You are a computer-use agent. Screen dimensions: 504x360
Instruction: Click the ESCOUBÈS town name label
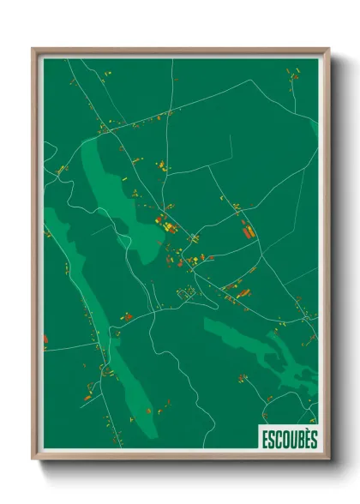pyautogui.click(x=287, y=439)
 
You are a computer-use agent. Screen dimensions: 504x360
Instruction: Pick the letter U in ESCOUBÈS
pyautogui.click(x=291, y=439)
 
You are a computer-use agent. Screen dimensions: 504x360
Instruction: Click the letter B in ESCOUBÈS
pyautogui.click(x=297, y=439)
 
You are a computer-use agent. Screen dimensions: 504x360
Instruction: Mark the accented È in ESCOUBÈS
pyautogui.click(x=304, y=438)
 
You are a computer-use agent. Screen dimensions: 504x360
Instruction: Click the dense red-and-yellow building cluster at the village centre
pyautogui.click(x=165, y=225)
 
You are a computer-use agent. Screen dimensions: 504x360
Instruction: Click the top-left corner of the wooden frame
pyautogui.click(x=33, y=49)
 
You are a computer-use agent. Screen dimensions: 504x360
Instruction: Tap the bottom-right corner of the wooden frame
pyautogui.click(x=327, y=459)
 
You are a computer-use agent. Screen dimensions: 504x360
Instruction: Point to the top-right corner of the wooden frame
pyautogui.click(x=327, y=49)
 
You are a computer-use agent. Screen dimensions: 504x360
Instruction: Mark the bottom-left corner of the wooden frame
pyautogui.click(x=33, y=459)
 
